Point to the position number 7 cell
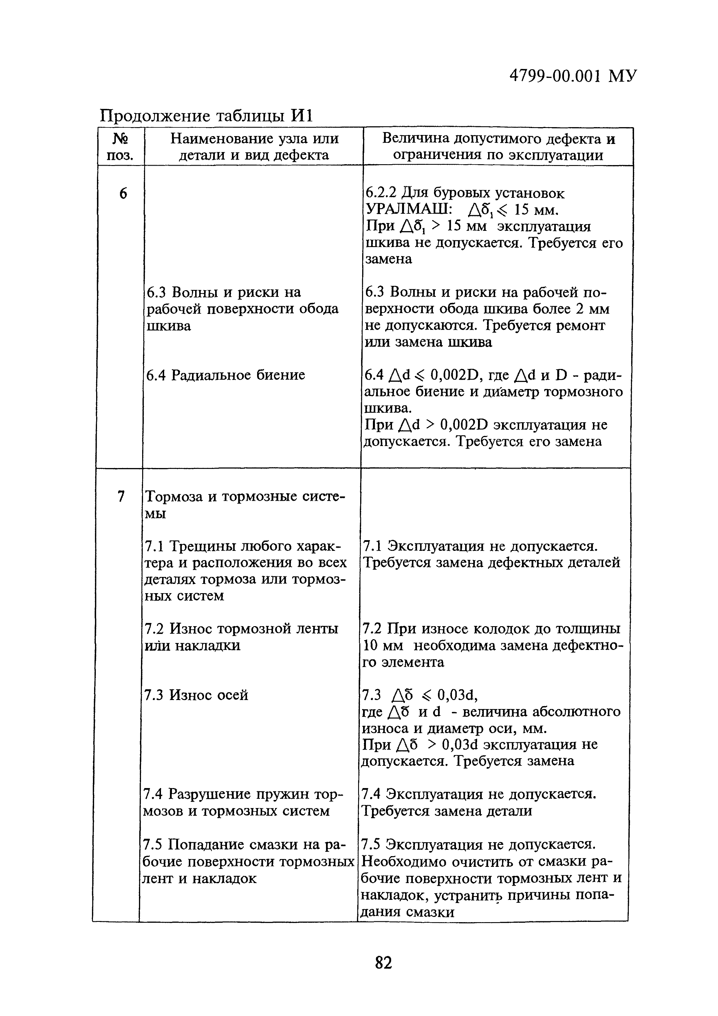[120, 496]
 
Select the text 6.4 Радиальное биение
[226, 375]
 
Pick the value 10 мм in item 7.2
[383, 646]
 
